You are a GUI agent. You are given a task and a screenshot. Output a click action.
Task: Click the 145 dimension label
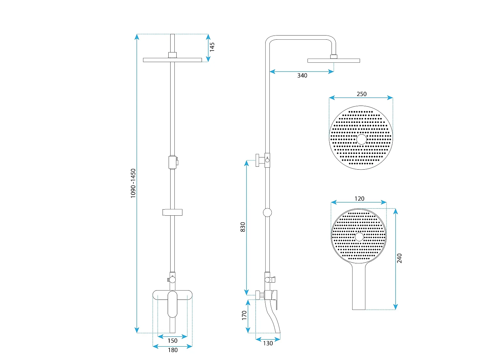point(212,47)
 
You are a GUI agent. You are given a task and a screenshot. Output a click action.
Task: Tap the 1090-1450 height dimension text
point(133,183)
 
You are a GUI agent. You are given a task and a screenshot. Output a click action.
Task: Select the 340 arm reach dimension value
point(302,76)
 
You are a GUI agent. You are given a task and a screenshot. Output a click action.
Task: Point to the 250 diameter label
point(362,94)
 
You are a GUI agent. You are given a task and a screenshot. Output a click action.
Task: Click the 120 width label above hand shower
point(359,198)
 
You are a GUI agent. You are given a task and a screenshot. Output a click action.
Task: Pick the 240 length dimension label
point(399,258)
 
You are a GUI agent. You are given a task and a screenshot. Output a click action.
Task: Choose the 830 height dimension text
point(243,227)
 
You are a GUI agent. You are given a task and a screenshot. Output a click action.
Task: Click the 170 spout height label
point(244,316)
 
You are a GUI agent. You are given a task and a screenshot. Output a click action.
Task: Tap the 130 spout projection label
point(268,343)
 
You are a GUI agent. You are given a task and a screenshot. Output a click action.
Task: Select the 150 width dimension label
point(172,340)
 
